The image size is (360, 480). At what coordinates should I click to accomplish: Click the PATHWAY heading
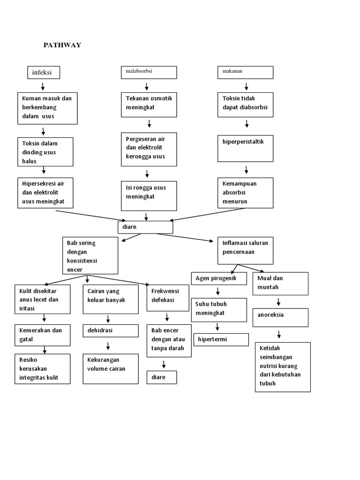tap(62, 45)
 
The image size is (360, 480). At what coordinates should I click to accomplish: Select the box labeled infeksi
tap(43, 73)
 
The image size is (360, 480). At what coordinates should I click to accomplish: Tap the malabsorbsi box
tap(149, 72)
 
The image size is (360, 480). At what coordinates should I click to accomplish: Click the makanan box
tap(245, 72)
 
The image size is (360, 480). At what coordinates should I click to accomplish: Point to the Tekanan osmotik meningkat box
tap(149, 105)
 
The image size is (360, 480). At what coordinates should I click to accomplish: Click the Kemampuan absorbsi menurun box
tap(245, 192)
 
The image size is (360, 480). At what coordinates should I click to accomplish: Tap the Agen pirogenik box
tap(219, 278)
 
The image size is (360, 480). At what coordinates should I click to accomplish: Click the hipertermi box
tap(221, 339)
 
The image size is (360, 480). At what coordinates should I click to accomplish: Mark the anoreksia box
tap(280, 317)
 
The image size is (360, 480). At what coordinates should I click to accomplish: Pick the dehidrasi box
tap(111, 330)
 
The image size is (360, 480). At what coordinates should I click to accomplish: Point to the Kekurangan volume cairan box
tap(111, 368)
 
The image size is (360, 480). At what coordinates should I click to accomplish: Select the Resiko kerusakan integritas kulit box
tap(42, 369)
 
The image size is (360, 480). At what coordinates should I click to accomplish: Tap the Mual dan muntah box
tap(280, 284)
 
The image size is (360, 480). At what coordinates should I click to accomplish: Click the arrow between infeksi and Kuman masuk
tap(43, 86)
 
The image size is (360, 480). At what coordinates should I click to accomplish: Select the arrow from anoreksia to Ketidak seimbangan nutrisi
tap(279, 334)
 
